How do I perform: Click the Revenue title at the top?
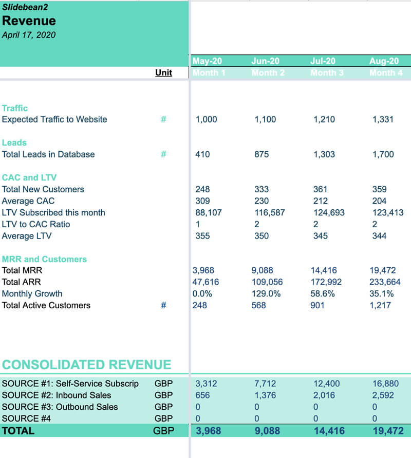coord(29,21)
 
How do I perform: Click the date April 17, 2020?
coord(29,35)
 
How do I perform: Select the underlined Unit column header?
coord(163,72)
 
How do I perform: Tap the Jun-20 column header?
coord(265,61)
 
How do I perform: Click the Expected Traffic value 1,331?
coord(383,120)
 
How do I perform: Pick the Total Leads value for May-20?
coord(202,154)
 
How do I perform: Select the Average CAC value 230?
coord(261,201)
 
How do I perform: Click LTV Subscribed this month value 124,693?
coord(329,212)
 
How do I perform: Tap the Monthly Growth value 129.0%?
coord(267,294)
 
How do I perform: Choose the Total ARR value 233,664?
coord(386,282)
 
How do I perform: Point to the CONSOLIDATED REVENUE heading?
coord(86,365)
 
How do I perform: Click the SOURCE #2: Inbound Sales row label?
coord(57,395)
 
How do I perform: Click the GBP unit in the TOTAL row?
coord(163,431)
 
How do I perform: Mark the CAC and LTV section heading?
coord(30,177)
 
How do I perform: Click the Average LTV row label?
coord(34,236)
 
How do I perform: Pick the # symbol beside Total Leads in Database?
coord(163,154)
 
